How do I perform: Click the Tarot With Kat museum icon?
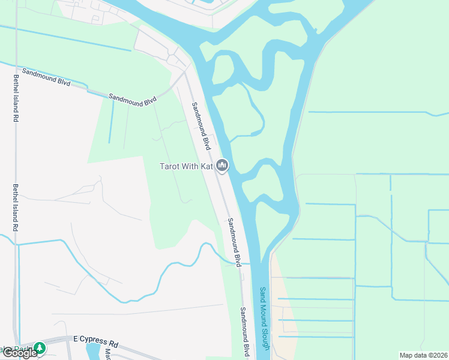click(223, 165)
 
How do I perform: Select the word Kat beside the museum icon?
click(206, 166)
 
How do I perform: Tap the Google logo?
click(19, 353)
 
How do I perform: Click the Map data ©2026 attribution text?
click(424, 355)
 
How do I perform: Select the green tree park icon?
click(40, 347)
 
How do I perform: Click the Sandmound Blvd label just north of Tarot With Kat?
click(201, 125)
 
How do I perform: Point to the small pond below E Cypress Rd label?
click(94, 352)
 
